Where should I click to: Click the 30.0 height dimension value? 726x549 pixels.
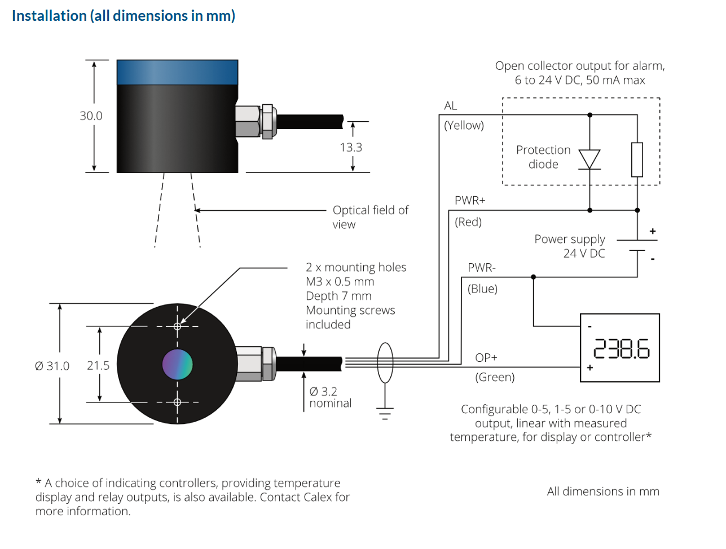point(91,116)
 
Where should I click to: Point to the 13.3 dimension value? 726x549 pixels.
point(351,147)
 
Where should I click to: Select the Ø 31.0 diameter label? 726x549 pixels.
point(52,366)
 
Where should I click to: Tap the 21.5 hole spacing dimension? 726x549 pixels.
point(98,365)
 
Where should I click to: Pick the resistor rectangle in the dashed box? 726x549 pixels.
point(637,160)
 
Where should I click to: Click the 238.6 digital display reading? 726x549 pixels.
point(622,348)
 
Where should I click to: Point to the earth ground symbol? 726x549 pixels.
point(385,414)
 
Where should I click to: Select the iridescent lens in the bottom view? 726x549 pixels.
point(177,364)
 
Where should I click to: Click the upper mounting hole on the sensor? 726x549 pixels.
point(177,326)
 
